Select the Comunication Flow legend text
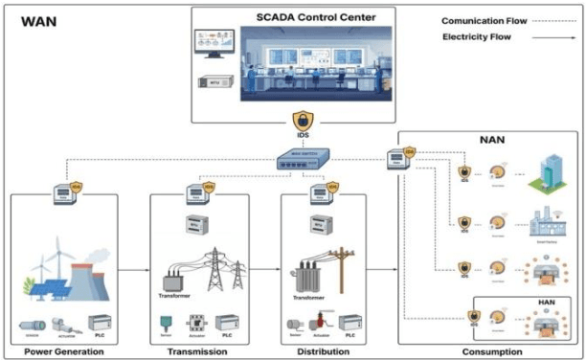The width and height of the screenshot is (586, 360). pos(475,20)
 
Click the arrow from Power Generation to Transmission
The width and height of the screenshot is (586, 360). pos(134,270)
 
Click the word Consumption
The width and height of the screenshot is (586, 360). pos(491,351)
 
